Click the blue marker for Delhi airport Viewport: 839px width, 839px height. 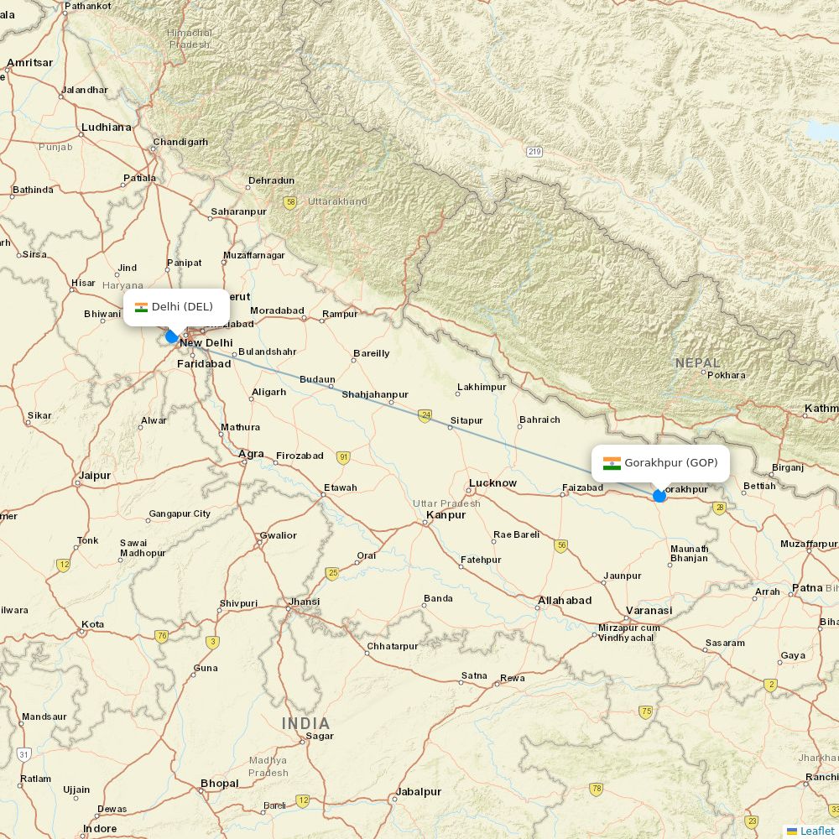tap(172, 336)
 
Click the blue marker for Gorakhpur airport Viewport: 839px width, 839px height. tap(659, 496)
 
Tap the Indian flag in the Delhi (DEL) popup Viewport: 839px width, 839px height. tap(141, 307)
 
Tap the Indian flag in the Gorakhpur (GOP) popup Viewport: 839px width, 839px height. tap(612, 463)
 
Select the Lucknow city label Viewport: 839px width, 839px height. tap(492, 482)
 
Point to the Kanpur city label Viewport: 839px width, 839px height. tap(446, 514)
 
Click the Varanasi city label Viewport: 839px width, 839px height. tap(649, 610)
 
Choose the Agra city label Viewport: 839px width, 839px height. tap(251, 454)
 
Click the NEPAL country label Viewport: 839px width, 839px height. tap(697, 362)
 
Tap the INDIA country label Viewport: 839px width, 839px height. tap(305, 723)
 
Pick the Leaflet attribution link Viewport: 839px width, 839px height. tap(816, 831)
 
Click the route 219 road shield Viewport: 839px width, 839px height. tap(535, 152)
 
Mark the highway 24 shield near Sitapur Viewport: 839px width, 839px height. tap(425, 415)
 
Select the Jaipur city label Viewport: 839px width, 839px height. tap(95, 475)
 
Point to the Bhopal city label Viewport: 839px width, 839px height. tap(219, 784)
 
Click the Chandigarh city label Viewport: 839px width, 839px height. tap(180, 142)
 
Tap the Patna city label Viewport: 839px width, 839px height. tap(807, 587)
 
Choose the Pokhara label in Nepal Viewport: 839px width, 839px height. tap(726, 375)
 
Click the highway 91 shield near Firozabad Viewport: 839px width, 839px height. tap(343, 457)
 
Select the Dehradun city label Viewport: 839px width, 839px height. tap(271, 180)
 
